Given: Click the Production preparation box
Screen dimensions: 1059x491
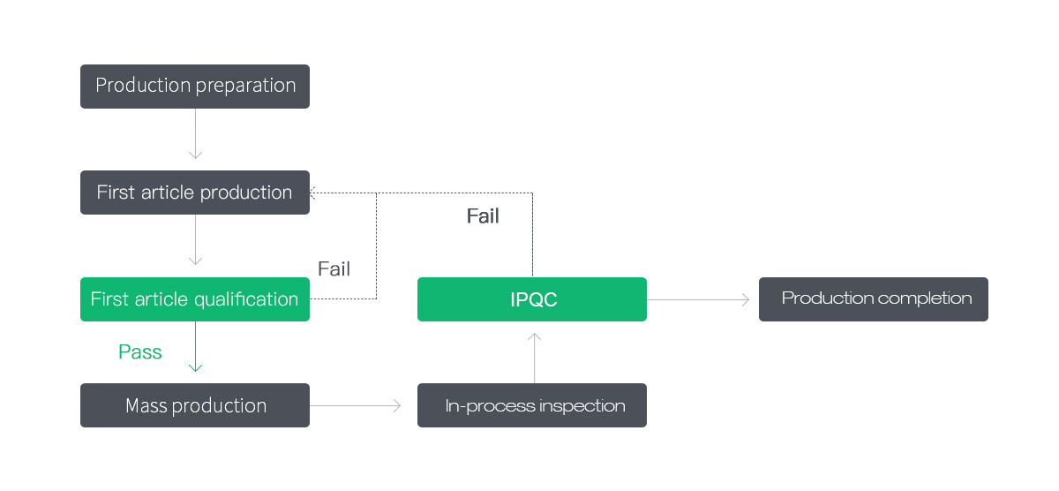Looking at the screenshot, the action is point(195,87).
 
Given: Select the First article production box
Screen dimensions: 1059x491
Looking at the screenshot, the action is point(195,193).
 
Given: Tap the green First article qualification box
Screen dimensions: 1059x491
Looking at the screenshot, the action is point(195,299).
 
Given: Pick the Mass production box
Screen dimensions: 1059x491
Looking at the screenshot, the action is point(195,405).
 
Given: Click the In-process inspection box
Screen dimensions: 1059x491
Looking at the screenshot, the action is point(532,405).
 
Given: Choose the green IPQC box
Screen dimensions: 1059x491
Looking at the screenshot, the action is point(532,299).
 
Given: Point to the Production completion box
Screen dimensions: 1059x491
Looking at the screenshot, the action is point(873,299).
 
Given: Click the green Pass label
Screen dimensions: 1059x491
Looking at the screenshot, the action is point(140,352).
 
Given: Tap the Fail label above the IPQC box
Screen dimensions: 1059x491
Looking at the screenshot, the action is point(483,216).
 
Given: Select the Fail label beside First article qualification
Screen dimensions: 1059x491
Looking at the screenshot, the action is point(334,269).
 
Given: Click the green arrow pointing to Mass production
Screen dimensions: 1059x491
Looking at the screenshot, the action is point(195,346).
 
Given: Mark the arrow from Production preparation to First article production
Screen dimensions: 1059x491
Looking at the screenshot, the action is point(195,134).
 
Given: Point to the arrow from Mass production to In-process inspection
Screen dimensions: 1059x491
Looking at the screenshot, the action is point(355,405).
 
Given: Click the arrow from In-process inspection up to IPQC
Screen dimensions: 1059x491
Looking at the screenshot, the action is point(534,358).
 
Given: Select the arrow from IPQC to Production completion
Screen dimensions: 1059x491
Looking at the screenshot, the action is point(698,299).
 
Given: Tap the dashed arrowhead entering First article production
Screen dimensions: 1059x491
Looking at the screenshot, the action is point(312,193).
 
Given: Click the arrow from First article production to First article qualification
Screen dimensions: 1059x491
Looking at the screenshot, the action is point(195,240).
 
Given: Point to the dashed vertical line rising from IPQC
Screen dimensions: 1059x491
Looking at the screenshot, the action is point(532,234).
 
